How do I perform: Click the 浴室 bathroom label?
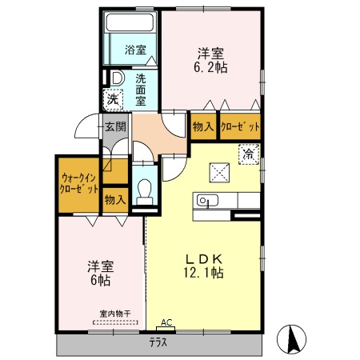[135, 50]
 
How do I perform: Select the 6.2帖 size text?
[211, 69]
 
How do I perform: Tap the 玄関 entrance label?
[114, 126]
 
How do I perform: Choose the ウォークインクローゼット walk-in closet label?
[78, 184]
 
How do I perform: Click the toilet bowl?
[145, 190]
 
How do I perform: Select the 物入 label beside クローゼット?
[202, 126]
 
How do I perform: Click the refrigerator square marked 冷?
[249, 154]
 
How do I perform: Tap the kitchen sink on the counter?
[207, 202]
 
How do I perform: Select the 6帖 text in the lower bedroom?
[100, 280]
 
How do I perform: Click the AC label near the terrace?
[166, 322]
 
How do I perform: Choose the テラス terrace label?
[158, 343]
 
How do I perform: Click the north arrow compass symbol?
[293, 339]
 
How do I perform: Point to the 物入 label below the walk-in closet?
[115, 199]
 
